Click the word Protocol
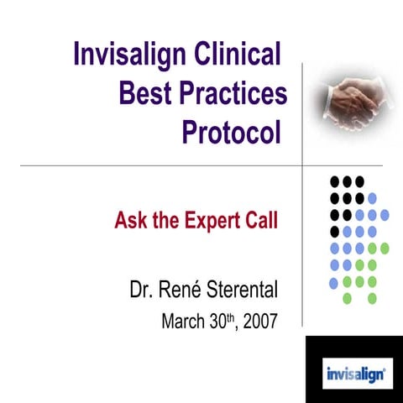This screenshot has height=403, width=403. point(232,132)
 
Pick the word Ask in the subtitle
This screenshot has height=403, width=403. point(131,222)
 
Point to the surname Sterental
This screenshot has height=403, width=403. point(244,291)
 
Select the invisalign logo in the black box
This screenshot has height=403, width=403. point(353,369)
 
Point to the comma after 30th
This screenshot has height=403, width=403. point(236,326)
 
